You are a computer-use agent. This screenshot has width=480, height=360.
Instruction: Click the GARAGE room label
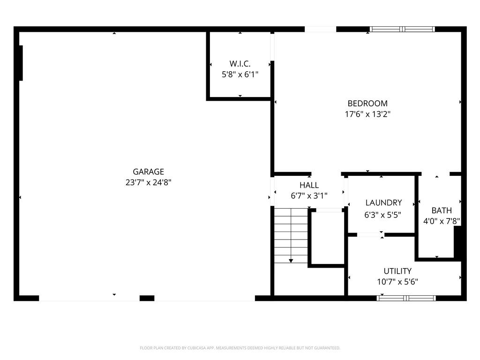coord(148,172)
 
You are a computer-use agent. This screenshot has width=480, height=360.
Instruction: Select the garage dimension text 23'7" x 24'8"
coord(148,183)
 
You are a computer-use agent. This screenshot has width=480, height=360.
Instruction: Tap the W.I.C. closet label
coord(240,63)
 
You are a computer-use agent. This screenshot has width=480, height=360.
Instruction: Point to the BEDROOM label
coord(367,104)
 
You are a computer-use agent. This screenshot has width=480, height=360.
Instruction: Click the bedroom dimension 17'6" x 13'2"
coord(367,114)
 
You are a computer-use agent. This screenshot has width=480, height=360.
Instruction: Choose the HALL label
coord(309,186)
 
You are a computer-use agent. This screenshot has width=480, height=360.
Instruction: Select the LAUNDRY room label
coord(383,203)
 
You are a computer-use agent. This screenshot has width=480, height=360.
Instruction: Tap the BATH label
coord(442,210)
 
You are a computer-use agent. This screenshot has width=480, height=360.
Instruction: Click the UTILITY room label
coord(397,271)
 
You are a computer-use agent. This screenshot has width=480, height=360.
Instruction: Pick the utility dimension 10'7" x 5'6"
coord(397,282)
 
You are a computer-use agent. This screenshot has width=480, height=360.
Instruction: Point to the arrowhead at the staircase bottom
coord(291,260)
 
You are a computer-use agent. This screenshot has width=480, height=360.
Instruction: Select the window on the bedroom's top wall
coord(402,29)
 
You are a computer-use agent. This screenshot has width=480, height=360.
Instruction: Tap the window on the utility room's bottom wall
coord(406,298)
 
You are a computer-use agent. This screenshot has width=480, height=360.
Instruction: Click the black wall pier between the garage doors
coord(147,298)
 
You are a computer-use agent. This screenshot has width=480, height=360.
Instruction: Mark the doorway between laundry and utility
coord(370,234)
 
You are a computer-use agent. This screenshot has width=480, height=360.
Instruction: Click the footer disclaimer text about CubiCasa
coord(240,348)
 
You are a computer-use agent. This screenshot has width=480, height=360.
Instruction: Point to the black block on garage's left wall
coord(21,63)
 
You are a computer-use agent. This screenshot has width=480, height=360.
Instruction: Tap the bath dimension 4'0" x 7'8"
coord(442,221)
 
